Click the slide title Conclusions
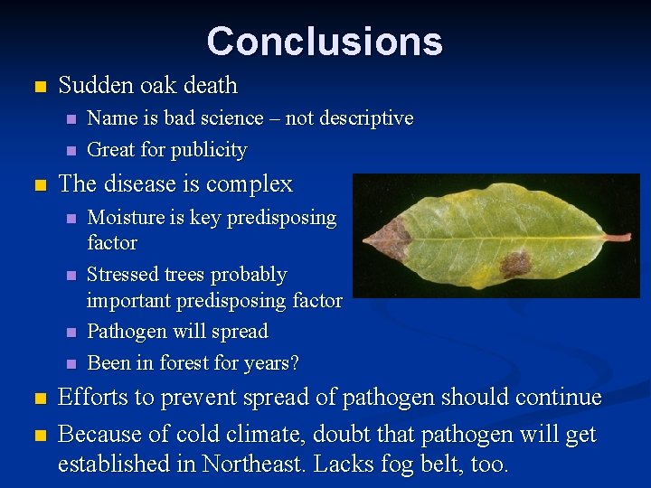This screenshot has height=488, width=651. coord(325,42)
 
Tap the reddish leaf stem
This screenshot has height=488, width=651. coord(617,237)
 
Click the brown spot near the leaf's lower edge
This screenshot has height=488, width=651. coord(515,265)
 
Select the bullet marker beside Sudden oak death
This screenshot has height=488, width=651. coord(38,88)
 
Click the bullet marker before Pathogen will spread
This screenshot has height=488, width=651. coord(71,333)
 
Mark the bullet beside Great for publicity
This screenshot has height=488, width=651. coord(71,151)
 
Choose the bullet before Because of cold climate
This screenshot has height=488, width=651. coord(38,436)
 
